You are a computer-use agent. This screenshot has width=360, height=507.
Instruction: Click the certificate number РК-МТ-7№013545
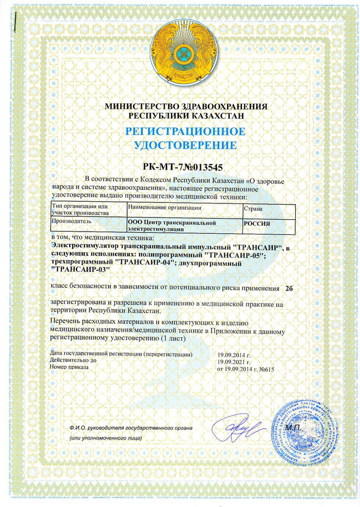pyautogui.click(x=180, y=167)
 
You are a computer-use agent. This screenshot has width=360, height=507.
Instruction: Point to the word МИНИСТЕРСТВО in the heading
pyautogui.click(x=141, y=106)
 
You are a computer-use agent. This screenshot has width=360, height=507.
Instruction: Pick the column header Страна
pyautogui.click(x=253, y=208)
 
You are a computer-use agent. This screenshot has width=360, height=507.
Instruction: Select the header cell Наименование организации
pyautogui.click(x=165, y=208)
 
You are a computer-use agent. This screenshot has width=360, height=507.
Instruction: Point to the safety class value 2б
pyautogui.click(x=290, y=288)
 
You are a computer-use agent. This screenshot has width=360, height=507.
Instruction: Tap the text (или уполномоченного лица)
pyautogui.click(x=105, y=438)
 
